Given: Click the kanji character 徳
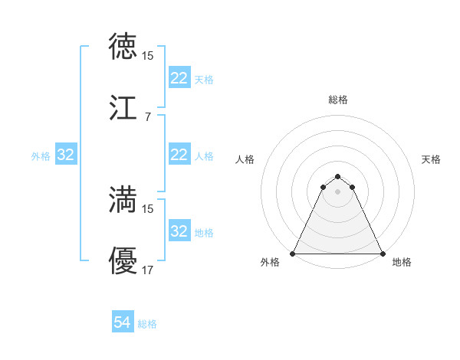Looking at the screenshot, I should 123,45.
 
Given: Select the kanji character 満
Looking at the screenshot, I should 123,199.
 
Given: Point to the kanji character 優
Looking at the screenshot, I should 123,260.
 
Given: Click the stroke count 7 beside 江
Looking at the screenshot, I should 147,117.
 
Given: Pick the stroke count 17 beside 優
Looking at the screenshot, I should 147,270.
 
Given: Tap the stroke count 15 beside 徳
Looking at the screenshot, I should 147,56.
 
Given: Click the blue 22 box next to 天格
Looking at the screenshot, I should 179,78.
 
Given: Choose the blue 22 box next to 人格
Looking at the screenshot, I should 179,155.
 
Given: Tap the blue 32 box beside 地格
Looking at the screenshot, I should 179,231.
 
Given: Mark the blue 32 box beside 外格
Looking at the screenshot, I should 66,155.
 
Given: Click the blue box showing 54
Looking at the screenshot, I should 123,323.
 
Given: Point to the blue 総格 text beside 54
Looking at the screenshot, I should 147,324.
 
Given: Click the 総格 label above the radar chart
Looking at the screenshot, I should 338,100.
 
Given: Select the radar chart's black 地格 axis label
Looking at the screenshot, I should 402,262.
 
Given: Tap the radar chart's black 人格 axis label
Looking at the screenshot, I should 245,159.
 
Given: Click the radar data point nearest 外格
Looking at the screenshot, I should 293,254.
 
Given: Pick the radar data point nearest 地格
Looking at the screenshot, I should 383,254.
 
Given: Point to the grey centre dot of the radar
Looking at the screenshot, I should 337,191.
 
